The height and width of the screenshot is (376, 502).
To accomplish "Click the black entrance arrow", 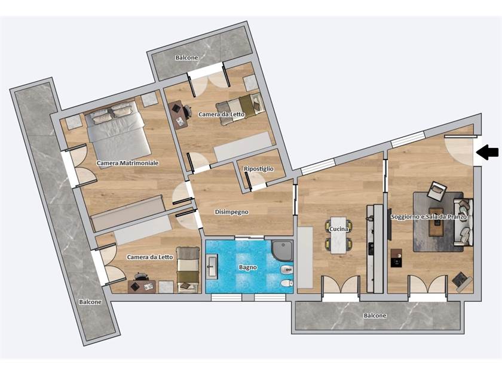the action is (x=487, y=152).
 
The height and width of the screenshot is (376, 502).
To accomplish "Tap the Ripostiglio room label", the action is (x=259, y=169).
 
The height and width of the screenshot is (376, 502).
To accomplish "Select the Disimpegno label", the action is (x=232, y=212).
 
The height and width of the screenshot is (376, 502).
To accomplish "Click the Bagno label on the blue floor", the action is (x=248, y=267).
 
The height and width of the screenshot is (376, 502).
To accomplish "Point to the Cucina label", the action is (x=339, y=229).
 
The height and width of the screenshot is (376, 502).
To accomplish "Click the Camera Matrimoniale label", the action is (x=128, y=163).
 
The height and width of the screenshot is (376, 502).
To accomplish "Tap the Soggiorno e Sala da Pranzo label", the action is (x=428, y=217).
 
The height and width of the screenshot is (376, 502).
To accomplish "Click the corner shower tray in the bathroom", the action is (x=282, y=251).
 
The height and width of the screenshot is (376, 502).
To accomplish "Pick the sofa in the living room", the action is (x=463, y=222).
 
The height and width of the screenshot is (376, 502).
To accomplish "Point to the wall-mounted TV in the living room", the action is (x=389, y=224).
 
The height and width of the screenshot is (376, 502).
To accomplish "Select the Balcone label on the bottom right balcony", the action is (x=375, y=316).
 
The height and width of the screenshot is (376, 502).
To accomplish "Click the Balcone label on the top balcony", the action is (x=186, y=57).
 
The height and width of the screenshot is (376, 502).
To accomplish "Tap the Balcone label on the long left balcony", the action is (x=90, y=302).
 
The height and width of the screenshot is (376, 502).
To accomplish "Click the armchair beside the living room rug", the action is (x=436, y=190).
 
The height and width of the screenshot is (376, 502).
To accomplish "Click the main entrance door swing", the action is (x=458, y=151).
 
